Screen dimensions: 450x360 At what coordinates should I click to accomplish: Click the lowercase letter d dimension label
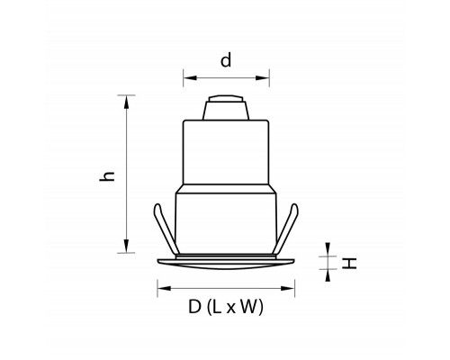226,60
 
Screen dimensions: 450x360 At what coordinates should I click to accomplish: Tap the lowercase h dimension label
107,176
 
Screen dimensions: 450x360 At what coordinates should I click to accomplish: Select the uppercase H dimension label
349,264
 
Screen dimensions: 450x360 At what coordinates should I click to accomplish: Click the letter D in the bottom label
194,307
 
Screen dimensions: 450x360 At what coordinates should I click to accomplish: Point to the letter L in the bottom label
217,307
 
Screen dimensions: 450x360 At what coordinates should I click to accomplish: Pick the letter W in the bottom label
249,307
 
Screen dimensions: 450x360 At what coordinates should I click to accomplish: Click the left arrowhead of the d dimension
190,78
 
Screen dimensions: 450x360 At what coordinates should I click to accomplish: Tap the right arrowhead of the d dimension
263,78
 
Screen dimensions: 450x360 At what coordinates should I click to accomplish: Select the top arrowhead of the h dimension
126,102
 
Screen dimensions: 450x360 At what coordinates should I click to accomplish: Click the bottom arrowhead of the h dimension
126,246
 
